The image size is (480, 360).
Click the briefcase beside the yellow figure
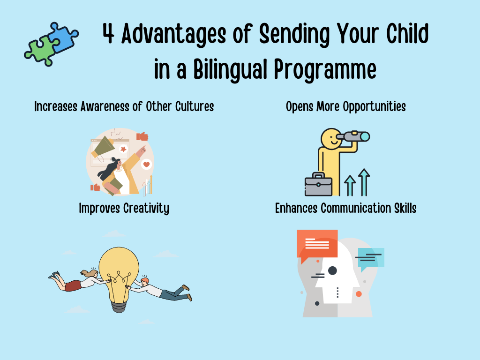coord(318,186)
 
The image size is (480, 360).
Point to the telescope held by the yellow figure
coord(356,137)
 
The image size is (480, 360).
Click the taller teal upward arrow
coord(364,182)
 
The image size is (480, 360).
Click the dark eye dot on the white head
coord(332,270)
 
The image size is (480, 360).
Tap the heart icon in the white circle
coord(147,165)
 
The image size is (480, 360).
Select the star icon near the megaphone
coord(124,149)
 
